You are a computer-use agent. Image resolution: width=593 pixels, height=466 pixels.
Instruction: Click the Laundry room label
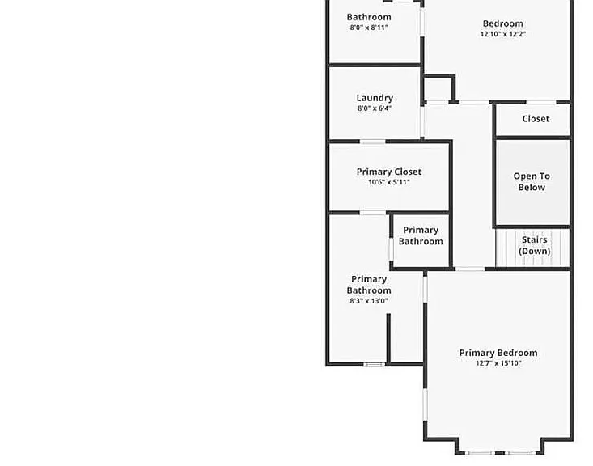tap(375, 98)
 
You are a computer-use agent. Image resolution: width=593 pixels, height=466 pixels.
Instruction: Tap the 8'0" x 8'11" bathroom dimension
tap(369, 28)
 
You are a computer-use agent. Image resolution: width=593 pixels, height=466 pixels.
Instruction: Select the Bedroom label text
tap(503, 23)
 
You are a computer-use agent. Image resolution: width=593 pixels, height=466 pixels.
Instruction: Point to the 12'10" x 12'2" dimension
tap(503, 34)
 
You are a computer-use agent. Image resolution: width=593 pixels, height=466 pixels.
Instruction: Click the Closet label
tap(536, 119)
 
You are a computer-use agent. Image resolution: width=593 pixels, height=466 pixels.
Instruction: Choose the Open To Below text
tap(532, 181)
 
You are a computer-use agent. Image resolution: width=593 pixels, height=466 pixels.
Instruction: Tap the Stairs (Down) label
tap(535, 245)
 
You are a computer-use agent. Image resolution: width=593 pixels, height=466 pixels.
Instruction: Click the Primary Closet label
tap(389, 172)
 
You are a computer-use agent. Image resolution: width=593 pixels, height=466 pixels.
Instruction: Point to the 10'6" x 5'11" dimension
tap(389, 182)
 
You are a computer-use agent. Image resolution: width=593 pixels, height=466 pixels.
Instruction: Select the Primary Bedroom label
tap(498, 353)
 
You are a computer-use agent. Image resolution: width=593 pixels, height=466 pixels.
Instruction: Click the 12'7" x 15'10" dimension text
tap(498, 363)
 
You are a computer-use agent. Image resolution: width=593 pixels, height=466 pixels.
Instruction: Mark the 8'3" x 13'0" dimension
tap(369, 301)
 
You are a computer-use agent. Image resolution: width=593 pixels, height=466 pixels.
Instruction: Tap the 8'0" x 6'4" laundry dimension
tap(375, 108)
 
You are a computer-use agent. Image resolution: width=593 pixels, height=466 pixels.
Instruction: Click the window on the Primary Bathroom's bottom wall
tap(375, 364)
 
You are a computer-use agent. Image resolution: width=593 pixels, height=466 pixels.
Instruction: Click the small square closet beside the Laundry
tap(438, 88)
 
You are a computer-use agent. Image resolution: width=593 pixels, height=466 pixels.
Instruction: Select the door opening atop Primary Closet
tap(372, 142)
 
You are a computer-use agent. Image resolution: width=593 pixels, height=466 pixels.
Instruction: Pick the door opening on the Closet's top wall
tap(541, 102)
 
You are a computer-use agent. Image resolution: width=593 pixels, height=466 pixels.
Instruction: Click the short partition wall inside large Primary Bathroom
tap(388, 338)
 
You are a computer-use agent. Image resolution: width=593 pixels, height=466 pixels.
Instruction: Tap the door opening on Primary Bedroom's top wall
tap(469, 269)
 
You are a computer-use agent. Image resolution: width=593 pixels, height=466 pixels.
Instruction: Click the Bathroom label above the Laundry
tap(369, 17)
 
